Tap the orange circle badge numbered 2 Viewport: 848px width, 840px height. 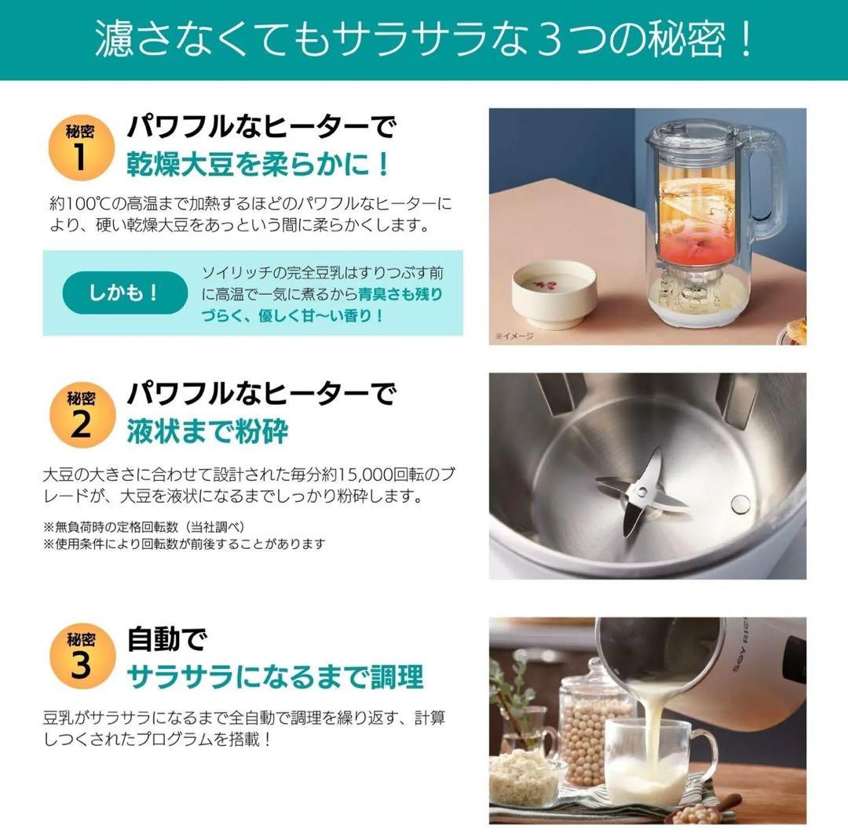click(x=81, y=413)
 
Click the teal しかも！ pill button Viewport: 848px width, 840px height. click(x=124, y=293)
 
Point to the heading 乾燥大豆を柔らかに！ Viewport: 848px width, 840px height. click(x=258, y=165)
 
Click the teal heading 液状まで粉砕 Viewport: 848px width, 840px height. click(x=207, y=431)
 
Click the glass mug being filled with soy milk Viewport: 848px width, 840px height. click(x=651, y=761)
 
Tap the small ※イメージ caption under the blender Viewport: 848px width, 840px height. click(x=514, y=336)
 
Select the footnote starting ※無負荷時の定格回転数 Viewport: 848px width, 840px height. click(x=149, y=526)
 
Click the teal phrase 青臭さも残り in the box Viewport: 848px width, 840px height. click(x=400, y=295)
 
